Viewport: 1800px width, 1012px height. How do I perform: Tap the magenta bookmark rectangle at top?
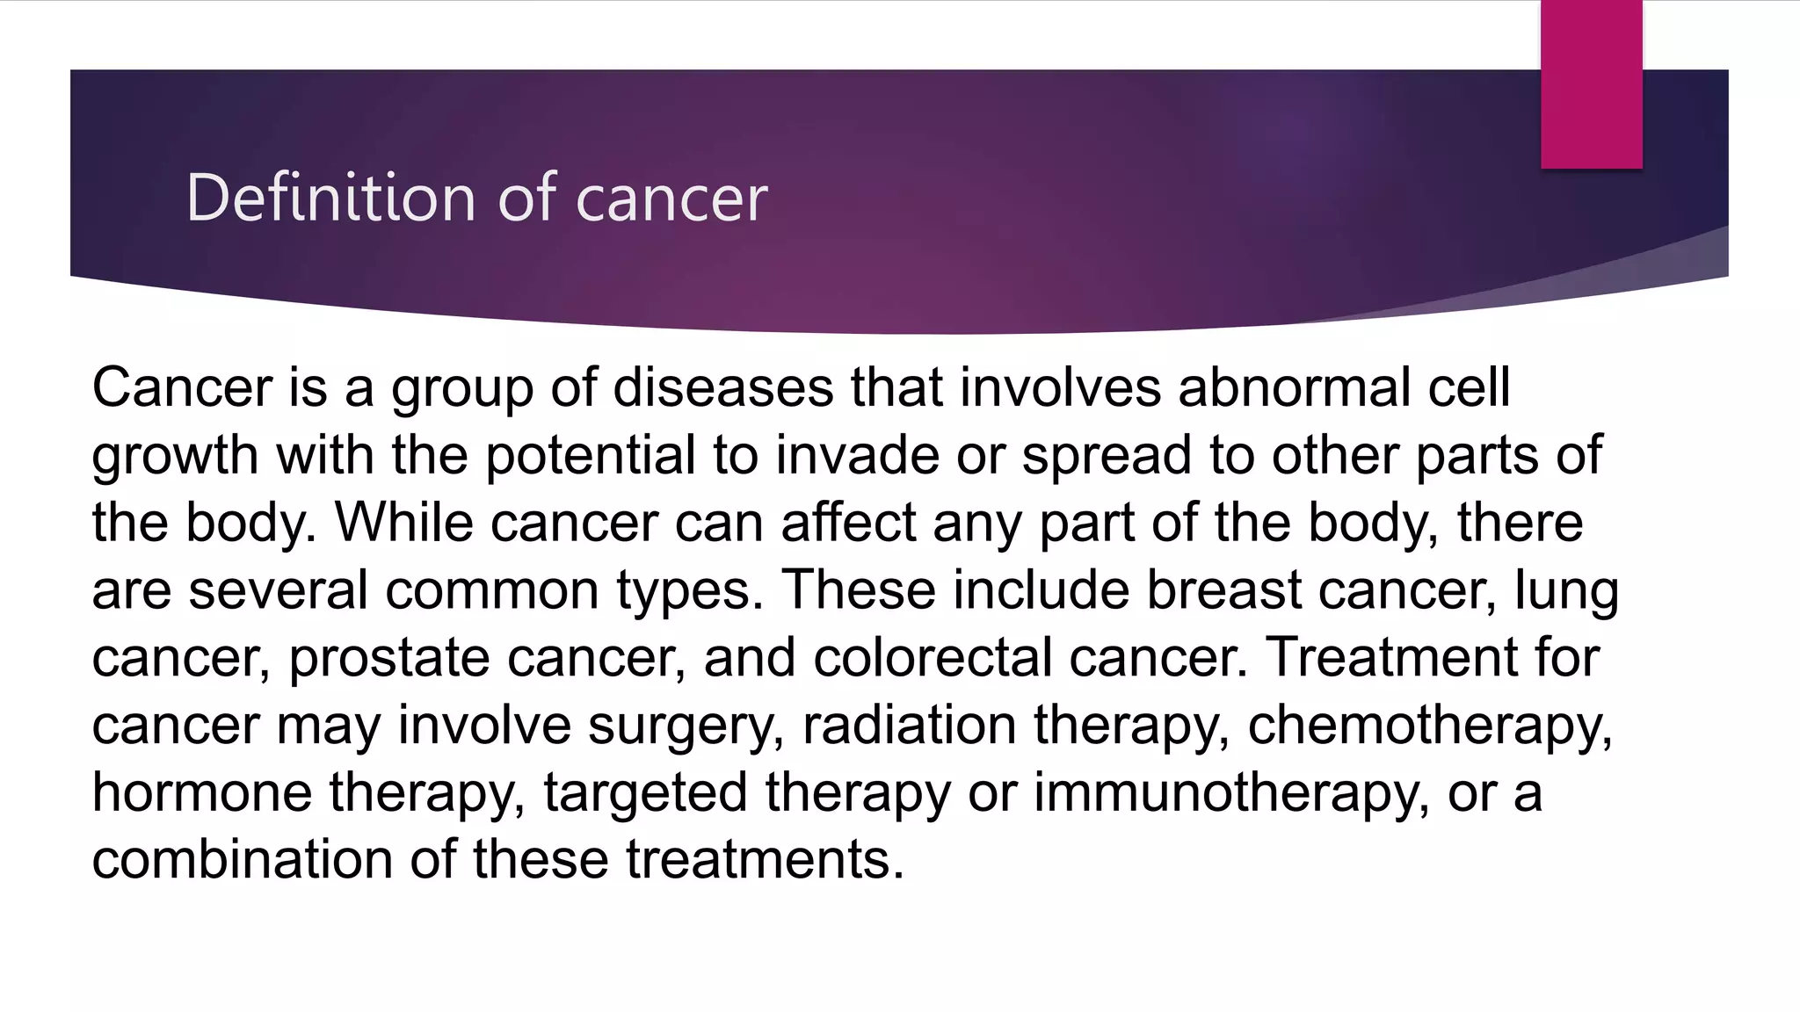(x=1591, y=83)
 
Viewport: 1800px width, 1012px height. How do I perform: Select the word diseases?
(x=722, y=387)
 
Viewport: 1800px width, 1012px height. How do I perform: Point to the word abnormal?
(x=1294, y=387)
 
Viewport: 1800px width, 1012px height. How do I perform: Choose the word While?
(x=404, y=523)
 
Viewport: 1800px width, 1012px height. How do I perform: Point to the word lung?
(x=1566, y=590)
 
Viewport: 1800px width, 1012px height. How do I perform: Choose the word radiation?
(x=909, y=726)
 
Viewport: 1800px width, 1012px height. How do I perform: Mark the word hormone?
(x=202, y=792)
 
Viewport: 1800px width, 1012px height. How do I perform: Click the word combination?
(x=242, y=859)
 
